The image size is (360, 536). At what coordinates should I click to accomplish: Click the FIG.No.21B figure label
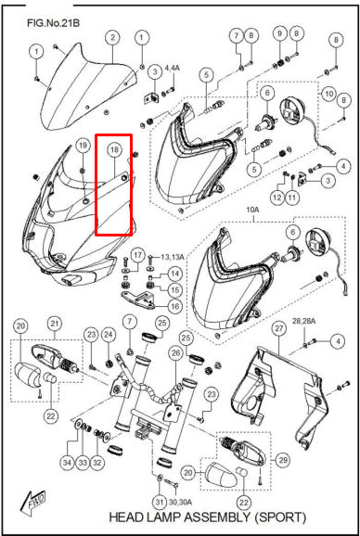pos(54,23)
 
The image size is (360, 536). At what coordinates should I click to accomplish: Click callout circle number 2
pos(113,37)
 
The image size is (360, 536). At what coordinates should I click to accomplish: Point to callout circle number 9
pos(280,33)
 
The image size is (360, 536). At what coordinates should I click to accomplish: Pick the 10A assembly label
pos(252,211)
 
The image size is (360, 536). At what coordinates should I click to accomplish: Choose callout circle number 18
pos(114,149)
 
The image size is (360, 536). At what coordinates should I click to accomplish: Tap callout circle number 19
pos(84,146)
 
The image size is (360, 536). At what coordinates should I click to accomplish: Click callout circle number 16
pos(175,306)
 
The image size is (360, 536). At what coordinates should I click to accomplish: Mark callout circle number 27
pos(279,329)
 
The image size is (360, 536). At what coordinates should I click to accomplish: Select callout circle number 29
pos(283,460)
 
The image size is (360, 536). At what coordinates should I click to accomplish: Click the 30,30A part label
pos(181,503)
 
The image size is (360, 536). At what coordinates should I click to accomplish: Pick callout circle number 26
pos(175,355)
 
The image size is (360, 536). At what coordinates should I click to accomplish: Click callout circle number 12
pos(277,198)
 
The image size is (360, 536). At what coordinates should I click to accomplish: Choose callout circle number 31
pos(159,503)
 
